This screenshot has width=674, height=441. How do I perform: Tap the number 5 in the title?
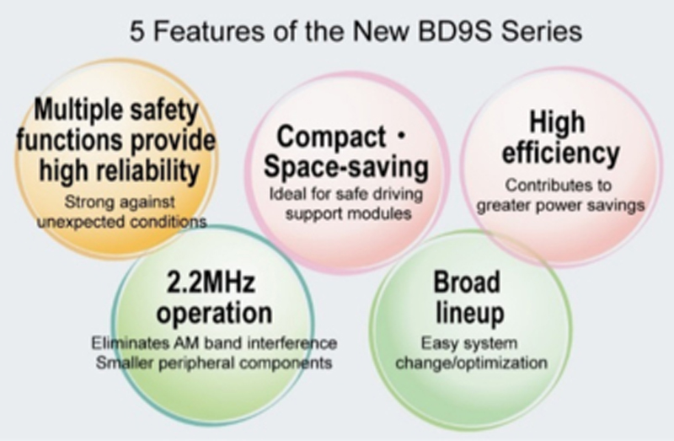pos(136,32)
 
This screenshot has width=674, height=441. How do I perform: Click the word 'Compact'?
pos(331,137)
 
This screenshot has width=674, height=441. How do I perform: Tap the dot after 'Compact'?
pos(402,137)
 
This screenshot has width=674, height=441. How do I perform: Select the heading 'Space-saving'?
pos(346,167)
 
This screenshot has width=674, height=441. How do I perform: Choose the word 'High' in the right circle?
pos(557,121)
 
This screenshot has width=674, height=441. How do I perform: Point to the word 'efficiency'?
pos(560,153)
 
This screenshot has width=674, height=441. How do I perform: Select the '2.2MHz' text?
pos(211,282)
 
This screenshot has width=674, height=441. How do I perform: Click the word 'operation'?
pos(214,313)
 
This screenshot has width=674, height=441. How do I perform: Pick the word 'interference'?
pos(292,343)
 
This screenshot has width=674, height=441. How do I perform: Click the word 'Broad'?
pos(467,282)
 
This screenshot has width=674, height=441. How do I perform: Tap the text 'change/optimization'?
pos(472,363)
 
